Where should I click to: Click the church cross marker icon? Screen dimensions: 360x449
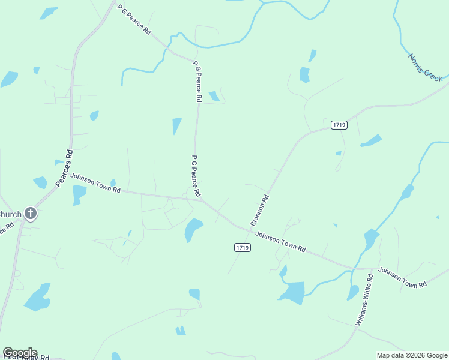(x=31, y=213)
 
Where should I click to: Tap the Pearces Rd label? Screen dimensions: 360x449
(x=64, y=169)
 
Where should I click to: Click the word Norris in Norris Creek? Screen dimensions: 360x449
(x=417, y=62)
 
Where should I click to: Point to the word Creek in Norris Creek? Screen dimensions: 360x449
(x=434, y=75)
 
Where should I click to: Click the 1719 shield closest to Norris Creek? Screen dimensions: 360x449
(x=339, y=125)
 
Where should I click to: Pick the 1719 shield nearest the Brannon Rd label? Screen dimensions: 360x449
(x=243, y=247)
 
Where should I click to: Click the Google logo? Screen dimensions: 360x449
(x=20, y=353)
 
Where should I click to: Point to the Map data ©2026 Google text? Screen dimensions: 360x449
(x=411, y=355)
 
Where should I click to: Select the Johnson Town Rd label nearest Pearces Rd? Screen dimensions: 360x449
(x=95, y=183)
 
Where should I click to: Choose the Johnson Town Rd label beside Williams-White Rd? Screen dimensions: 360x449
(x=402, y=277)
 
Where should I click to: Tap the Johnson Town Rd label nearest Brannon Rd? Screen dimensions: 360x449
(x=280, y=242)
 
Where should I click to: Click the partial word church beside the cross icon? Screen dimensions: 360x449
(x=10, y=214)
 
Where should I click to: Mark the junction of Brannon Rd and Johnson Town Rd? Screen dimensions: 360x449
(x=249, y=228)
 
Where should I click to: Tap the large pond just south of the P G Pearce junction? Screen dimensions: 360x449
(x=193, y=229)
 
